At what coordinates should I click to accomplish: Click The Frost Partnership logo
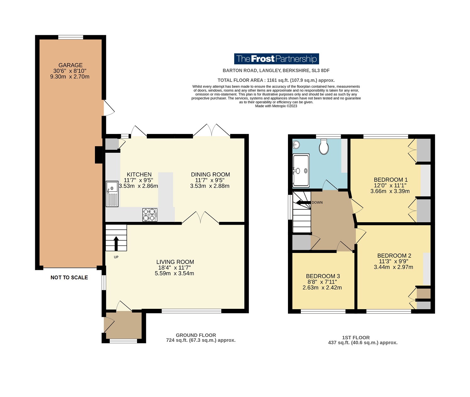click(x=276, y=59)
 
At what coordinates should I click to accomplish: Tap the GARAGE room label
click(x=70, y=65)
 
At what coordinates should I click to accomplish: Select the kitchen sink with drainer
click(x=112, y=194)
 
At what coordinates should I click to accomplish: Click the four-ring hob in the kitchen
click(x=150, y=215)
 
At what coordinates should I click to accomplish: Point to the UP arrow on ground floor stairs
click(x=116, y=243)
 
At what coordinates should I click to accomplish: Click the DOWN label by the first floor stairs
click(x=317, y=202)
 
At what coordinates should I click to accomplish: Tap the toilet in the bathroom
click(x=324, y=147)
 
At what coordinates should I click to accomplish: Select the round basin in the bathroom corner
click(x=296, y=144)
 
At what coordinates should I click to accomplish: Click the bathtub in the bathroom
click(x=301, y=170)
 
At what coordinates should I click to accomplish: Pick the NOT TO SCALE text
click(x=69, y=277)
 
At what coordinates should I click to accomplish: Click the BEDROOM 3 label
click(x=323, y=276)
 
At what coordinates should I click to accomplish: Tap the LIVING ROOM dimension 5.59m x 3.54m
click(x=174, y=273)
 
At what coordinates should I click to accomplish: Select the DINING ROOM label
click(x=210, y=174)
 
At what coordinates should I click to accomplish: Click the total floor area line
click(x=276, y=80)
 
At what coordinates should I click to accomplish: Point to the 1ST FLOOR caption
click(x=356, y=338)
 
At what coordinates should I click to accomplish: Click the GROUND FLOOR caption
click(x=196, y=335)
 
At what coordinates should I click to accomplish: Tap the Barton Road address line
click(x=276, y=70)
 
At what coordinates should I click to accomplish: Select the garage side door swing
click(x=109, y=108)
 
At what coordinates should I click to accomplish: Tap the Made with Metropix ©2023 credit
click(x=276, y=106)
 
